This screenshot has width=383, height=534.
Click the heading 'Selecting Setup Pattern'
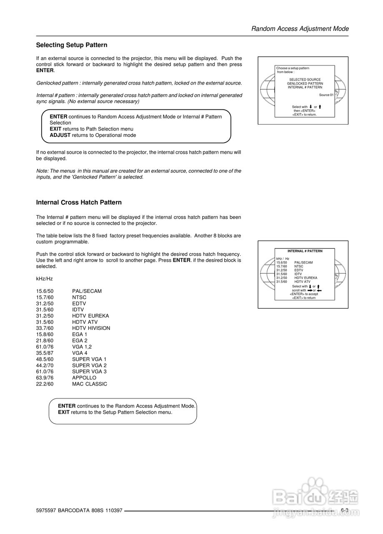(x=72, y=45)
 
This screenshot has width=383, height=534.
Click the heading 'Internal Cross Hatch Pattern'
(x=79, y=202)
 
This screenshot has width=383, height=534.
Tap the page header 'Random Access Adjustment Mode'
(x=300, y=29)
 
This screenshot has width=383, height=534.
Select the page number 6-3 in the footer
(x=344, y=510)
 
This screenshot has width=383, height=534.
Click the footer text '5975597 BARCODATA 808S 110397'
(x=79, y=511)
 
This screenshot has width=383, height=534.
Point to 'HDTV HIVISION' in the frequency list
(x=91, y=328)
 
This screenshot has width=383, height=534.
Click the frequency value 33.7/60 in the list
(x=45, y=328)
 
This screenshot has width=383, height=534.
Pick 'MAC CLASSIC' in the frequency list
(x=89, y=384)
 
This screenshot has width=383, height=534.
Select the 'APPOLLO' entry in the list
(x=84, y=378)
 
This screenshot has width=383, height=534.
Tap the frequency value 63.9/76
(x=45, y=378)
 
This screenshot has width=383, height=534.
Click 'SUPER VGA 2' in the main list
(x=89, y=365)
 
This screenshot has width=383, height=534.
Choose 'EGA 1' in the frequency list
(x=80, y=335)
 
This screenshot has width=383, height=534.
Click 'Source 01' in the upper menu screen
(x=326, y=95)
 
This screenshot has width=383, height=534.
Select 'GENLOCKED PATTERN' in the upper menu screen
(x=305, y=83)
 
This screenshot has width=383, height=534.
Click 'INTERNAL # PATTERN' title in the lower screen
(x=305, y=251)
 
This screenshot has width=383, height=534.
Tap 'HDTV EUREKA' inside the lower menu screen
(x=305, y=278)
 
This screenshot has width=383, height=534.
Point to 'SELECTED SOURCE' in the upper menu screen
(x=305, y=80)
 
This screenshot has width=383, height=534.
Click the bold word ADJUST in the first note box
(x=60, y=135)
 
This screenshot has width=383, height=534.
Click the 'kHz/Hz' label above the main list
(x=44, y=279)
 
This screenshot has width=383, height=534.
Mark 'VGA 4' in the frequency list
(x=80, y=353)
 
